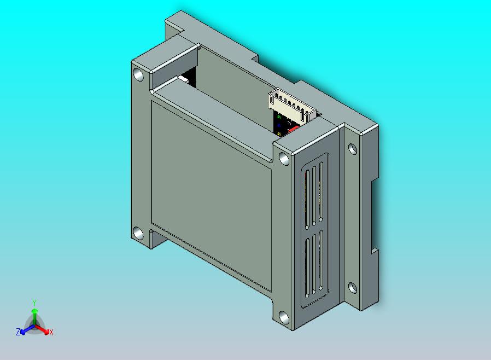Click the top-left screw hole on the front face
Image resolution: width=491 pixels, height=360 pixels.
coord(138,74)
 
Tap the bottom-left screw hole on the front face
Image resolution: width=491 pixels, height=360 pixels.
coord(138,234)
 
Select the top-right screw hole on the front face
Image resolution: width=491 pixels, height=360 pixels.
coord(284,159)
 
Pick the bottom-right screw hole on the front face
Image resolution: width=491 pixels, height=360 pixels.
coord(284,317)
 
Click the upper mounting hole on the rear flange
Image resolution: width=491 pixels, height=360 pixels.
coord(353,149)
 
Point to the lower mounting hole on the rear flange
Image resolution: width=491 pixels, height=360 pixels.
coord(353,288)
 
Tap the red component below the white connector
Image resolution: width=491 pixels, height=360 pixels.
coord(294,129)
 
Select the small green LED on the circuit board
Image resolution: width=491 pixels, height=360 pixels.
coord(279,117)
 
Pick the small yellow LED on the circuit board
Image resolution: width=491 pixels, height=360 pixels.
coord(279,134)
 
